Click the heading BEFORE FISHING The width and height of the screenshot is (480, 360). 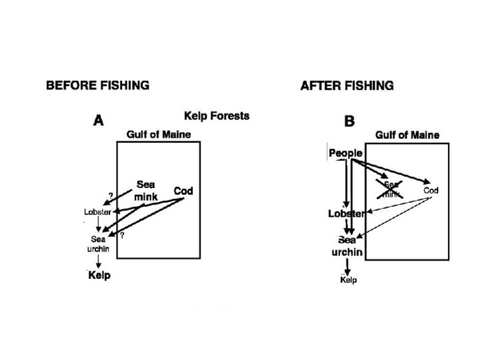[97, 85]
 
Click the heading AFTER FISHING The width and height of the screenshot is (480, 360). [347, 85]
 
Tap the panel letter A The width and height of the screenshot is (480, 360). [98, 121]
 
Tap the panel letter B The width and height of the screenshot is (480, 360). [349, 121]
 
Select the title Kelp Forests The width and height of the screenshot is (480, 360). [217, 116]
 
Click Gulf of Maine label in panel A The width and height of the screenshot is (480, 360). [159, 135]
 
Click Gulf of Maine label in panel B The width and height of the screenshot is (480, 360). [407, 135]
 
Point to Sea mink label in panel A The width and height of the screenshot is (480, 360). [145, 190]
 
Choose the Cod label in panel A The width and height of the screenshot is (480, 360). [183, 191]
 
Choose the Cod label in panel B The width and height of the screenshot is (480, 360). [431, 191]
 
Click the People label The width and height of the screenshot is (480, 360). [345, 153]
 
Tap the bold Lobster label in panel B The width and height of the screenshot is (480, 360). [346, 214]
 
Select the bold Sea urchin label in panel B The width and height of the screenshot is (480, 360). [347, 246]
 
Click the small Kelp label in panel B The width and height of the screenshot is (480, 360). [348, 280]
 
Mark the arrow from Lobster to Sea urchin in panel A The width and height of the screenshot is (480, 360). [99, 225]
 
